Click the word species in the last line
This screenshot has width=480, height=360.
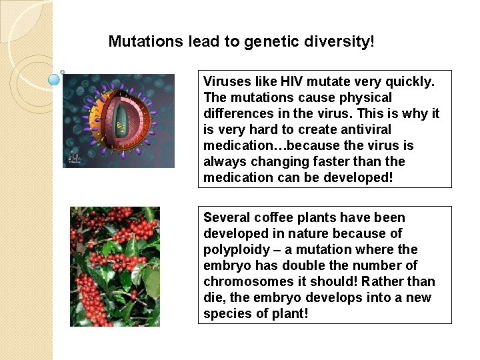tap(225, 313)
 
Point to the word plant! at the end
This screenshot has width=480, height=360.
tap(291, 313)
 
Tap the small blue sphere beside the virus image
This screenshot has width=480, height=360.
tap(55, 79)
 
